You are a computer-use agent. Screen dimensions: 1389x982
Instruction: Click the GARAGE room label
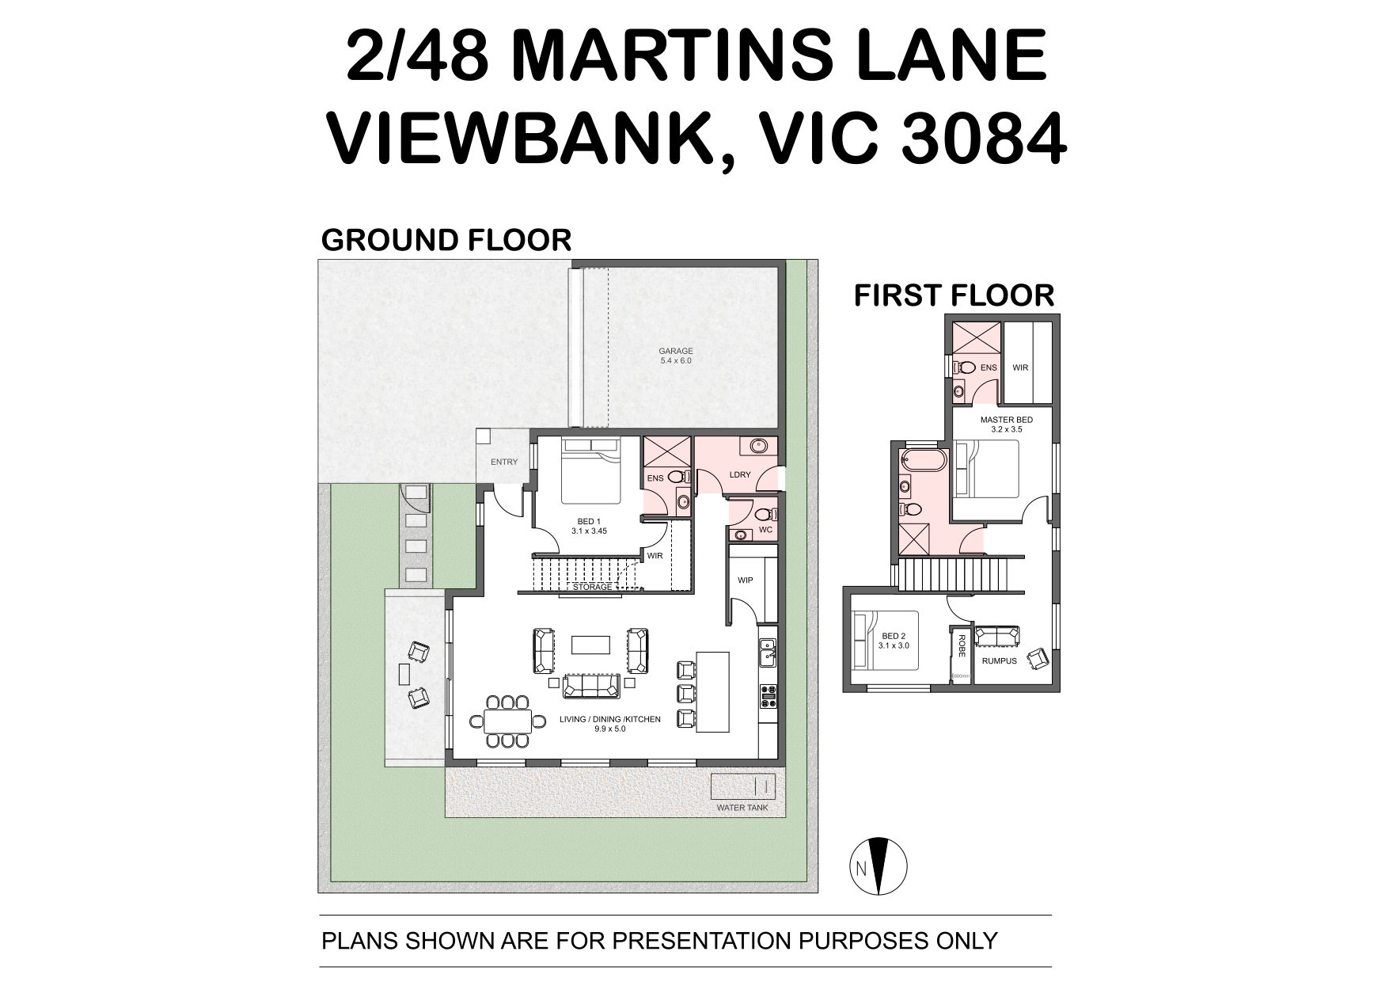[676, 351]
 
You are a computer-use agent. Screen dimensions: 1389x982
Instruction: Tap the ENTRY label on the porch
[504, 462]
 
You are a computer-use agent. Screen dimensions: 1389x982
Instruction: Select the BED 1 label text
[589, 521]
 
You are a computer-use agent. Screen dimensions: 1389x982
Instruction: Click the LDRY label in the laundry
[740, 475]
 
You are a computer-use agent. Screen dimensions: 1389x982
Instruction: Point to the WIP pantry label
[745, 580]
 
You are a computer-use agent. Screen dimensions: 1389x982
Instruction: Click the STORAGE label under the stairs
[593, 587]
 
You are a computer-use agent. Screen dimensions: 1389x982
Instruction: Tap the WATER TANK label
[742, 809]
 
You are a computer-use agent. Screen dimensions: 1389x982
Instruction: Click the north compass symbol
[879, 866]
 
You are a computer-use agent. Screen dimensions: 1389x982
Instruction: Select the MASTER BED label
[1006, 420]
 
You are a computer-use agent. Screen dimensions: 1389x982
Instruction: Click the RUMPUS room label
[999, 661]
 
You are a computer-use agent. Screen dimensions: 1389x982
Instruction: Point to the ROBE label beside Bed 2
[961, 646]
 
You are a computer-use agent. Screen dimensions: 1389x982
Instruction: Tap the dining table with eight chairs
[507, 721]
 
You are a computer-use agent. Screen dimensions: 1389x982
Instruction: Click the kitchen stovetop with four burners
[768, 695]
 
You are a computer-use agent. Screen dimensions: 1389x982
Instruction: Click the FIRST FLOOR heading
[954, 295]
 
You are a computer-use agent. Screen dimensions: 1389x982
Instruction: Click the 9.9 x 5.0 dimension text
[609, 729]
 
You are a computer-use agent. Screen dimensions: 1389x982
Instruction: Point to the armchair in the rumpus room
[1036, 658]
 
